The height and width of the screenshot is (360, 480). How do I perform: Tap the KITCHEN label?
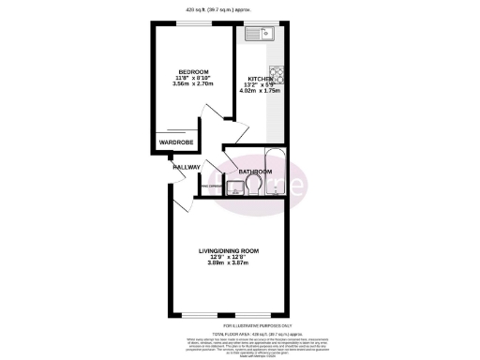tap(261, 79)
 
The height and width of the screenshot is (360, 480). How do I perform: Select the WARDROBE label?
tap(175, 143)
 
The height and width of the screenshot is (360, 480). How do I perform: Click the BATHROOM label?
tap(255, 172)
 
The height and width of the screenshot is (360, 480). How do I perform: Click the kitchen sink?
tap(258, 36)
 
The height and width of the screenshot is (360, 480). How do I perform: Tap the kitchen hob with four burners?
tap(277, 73)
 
